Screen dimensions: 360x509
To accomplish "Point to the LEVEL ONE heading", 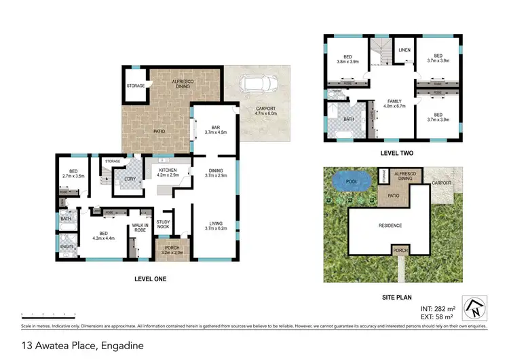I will [x=150, y=278].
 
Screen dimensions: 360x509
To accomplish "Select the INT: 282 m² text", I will [x=434, y=308].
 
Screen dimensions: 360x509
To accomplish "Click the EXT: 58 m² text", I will [x=434, y=317].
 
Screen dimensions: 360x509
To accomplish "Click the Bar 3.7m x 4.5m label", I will [x=215, y=129].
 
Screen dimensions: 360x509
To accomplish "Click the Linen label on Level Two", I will [x=404, y=50].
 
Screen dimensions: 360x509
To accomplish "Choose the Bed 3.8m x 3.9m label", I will [x=346, y=59].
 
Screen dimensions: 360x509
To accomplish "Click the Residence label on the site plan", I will [x=390, y=226].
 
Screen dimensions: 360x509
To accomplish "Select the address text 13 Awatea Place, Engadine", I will [x=73, y=345].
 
